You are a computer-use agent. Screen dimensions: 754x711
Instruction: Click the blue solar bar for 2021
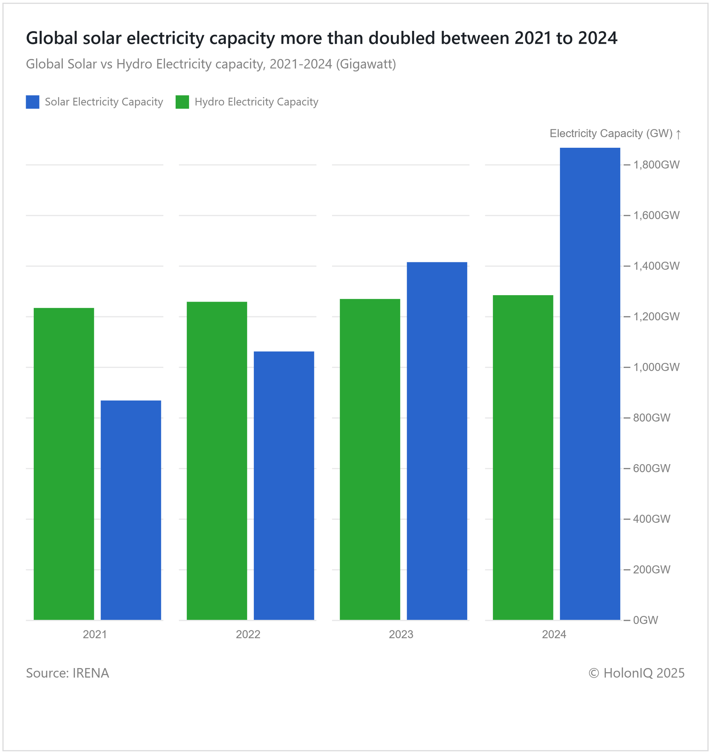coord(130,510)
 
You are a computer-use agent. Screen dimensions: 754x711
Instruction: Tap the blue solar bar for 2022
coord(284,486)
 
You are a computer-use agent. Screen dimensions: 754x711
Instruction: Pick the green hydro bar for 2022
coord(217,461)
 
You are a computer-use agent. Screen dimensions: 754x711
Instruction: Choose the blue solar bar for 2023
coord(437,441)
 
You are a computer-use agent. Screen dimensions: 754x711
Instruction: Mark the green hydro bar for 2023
coord(370,459)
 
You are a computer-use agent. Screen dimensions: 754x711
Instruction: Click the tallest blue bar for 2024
coord(590,384)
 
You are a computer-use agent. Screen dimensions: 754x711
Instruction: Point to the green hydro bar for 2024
coord(523,457)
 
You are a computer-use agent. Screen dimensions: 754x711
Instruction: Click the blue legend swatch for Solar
coord(33,102)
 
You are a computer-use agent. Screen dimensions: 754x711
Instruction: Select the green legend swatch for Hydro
coord(182,102)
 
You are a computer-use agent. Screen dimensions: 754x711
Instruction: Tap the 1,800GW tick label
coord(656,164)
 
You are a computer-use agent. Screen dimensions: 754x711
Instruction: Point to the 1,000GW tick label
coord(656,367)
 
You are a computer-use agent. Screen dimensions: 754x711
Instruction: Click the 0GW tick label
coord(645,620)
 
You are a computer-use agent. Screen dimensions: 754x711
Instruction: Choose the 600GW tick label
coord(651,468)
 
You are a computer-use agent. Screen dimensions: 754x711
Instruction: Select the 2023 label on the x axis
coord(401,635)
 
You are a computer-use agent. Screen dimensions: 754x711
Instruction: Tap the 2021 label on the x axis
coord(95,635)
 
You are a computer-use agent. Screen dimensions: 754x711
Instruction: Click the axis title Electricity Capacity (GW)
coord(611,134)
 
